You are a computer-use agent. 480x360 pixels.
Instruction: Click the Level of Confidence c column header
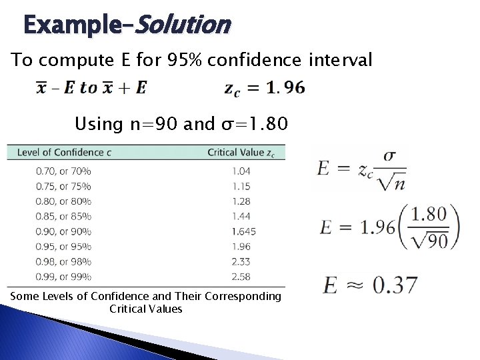64,152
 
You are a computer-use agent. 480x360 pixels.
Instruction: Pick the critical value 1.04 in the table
241,171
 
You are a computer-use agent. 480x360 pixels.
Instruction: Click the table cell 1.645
243,231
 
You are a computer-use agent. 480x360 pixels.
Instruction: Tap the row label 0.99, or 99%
63,277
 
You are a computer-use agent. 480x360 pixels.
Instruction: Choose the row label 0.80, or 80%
63,201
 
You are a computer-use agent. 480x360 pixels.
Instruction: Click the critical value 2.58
241,277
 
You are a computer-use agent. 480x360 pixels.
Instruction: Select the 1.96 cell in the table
241,247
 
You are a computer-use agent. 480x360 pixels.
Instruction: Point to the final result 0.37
395,285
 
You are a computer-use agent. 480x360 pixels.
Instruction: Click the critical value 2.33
241,262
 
